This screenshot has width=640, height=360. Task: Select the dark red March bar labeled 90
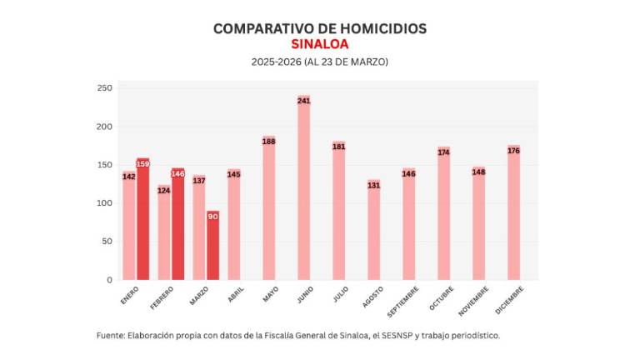213,246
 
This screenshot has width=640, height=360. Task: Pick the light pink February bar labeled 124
164,232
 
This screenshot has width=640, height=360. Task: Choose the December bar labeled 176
513,212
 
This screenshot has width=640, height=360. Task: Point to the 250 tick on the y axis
105,88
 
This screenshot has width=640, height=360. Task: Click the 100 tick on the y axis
105,203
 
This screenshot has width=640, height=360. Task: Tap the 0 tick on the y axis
109,280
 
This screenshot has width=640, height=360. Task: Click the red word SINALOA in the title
320,44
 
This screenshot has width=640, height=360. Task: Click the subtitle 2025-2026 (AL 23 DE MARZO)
320,62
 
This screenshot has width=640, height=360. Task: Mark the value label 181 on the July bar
339,147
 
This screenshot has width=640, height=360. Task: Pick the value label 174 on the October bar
443,152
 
